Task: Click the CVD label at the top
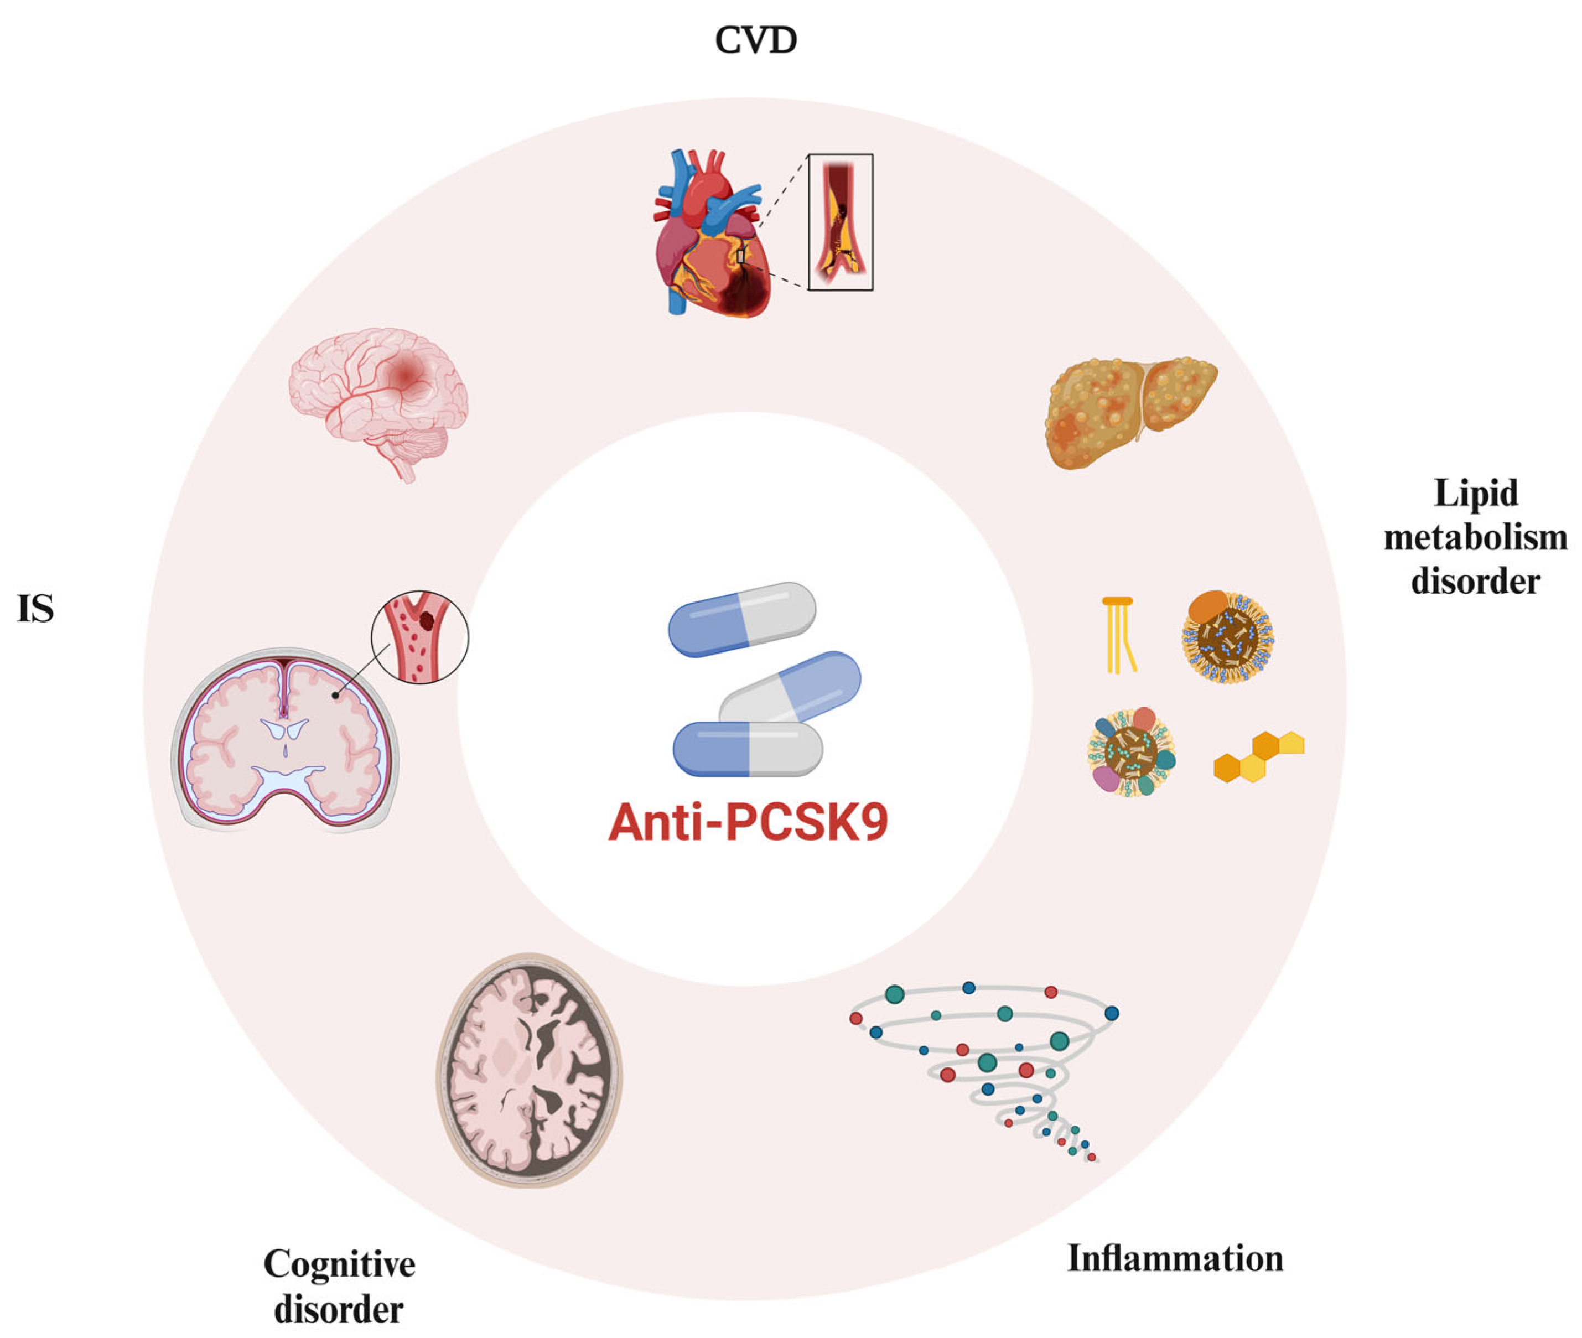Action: [755, 40]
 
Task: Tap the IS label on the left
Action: [35, 609]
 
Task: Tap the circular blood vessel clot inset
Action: [419, 637]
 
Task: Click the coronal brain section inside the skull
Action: [284, 739]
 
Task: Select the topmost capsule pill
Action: [741, 618]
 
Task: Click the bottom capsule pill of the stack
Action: [747, 749]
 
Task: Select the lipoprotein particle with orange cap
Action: [1226, 636]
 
